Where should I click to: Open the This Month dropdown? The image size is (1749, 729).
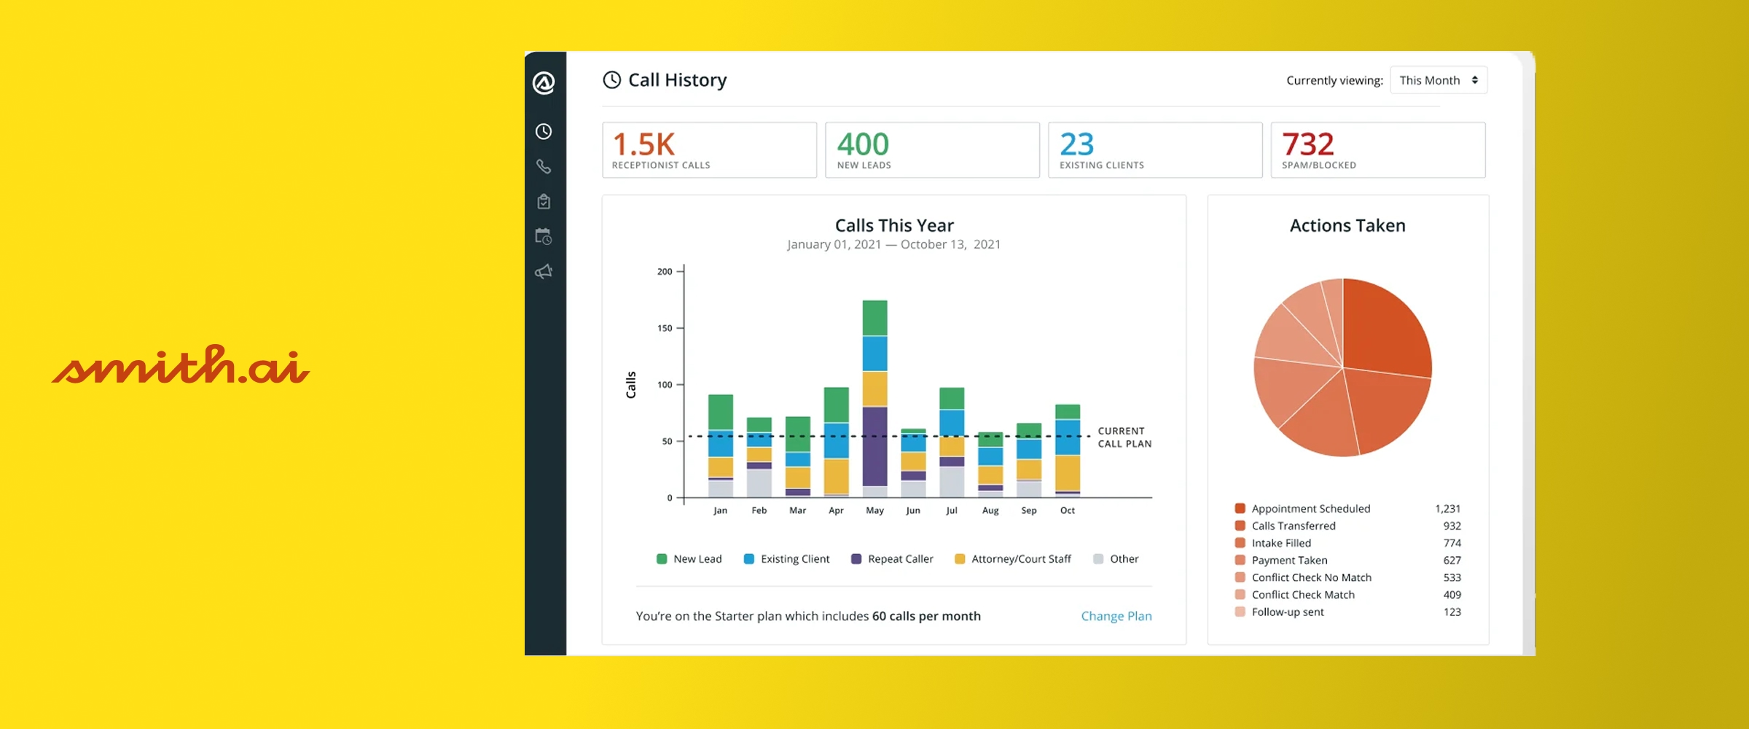(1439, 80)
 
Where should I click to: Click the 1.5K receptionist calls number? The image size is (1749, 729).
(643, 144)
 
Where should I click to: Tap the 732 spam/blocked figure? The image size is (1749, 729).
(1308, 144)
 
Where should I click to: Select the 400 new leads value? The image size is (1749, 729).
(863, 144)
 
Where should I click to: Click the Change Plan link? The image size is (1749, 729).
(1116, 616)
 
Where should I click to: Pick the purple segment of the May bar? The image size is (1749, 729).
(874, 446)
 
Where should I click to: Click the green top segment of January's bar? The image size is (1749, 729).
(721, 413)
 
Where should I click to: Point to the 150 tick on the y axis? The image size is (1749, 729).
(665, 328)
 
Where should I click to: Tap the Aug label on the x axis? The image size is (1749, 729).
(990, 510)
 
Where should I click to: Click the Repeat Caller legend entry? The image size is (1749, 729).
(892, 559)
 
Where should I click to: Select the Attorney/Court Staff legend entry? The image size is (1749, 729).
(1013, 559)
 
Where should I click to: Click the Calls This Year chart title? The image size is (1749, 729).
(894, 225)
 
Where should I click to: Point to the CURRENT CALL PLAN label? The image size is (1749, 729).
(1124, 437)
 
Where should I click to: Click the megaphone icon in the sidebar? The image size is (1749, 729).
(544, 272)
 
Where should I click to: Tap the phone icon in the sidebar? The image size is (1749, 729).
(544, 166)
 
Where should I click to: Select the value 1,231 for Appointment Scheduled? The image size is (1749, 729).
(1447, 509)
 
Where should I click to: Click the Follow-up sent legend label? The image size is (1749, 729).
(1288, 612)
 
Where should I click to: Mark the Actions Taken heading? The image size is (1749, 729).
(1347, 225)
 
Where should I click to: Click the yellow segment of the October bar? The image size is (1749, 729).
(1068, 473)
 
